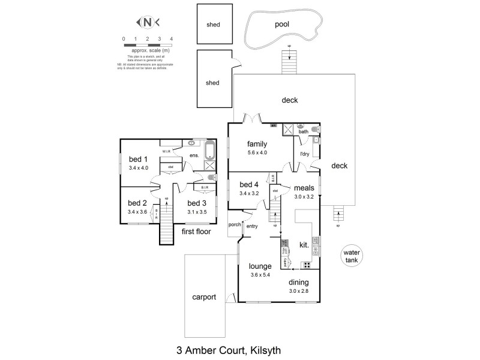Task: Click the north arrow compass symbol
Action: [x=148, y=23]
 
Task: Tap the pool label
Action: [x=282, y=25]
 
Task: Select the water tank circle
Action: [x=351, y=257]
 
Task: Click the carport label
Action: [x=203, y=297]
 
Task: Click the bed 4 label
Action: [x=249, y=184]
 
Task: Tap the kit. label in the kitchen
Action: [x=304, y=245]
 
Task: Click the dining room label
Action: [x=299, y=282]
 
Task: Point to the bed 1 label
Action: [x=138, y=159]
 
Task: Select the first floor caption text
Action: [x=196, y=231]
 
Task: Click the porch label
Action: [x=234, y=225]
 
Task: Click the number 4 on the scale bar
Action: [x=172, y=38]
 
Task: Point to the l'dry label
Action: [x=304, y=154]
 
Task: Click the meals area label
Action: [x=305, y=188]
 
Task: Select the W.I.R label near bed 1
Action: [x=167, y=151]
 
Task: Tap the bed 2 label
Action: [x=137, y=203]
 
